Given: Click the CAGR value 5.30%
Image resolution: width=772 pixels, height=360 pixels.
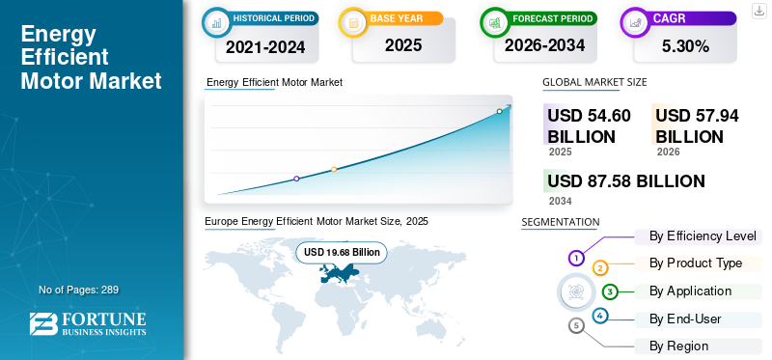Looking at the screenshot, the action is click(685, 46).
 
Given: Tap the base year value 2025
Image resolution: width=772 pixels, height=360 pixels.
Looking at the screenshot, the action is click(403, 45).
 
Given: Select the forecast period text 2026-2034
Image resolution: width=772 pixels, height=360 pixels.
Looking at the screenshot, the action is click(544, 45).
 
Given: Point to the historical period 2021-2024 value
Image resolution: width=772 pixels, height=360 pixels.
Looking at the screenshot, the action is click(265, 46).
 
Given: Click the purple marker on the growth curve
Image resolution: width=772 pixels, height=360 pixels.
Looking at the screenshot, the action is click(296, 179).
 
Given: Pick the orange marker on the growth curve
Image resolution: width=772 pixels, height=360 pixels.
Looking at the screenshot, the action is click(334, 170).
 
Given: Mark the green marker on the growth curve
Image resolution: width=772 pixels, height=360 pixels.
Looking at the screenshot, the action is click(499, 111).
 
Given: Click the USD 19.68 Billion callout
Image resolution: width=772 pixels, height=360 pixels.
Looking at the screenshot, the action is click(342, 252).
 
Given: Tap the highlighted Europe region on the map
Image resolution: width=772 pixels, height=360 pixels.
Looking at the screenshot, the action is click(339, 272).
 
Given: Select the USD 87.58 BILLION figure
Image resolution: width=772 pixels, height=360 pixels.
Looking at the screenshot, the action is click(625, 181).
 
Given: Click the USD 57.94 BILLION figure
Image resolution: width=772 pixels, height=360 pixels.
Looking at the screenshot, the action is click(697, 125).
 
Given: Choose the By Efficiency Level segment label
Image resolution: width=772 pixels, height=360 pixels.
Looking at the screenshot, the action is click(703, 235).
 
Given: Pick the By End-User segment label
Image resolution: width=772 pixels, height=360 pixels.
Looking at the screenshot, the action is click(685, 319).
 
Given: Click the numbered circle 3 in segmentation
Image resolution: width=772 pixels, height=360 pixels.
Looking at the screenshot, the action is click(610, 291).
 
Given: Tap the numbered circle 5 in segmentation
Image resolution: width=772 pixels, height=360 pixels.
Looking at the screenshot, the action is click(576, 325).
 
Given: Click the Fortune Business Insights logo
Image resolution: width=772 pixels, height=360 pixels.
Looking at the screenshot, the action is click(88, 323).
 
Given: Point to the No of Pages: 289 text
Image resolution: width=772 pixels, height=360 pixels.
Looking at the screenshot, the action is click(78, 290).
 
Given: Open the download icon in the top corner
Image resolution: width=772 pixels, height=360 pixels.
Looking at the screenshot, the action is click(758, 11).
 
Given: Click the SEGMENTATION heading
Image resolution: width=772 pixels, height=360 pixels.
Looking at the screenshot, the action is click(561, 222).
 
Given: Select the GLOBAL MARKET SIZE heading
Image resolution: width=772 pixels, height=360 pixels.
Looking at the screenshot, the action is click(594, 82).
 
